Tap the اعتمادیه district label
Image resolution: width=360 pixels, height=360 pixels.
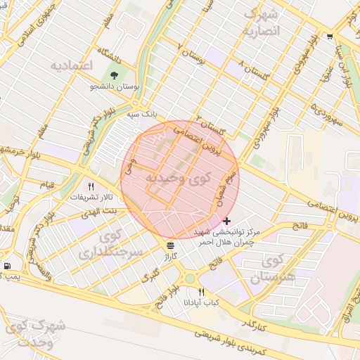click(x=72, y=65)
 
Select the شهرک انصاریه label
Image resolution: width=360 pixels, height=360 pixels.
click(x=259, y=22)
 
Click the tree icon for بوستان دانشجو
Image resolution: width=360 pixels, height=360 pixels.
click(x=113, y=75)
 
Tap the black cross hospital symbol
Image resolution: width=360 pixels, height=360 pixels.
click(x=226, y=221)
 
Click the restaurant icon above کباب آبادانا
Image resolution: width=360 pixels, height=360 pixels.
click(x=202, y=291)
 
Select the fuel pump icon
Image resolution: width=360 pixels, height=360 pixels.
click(x=7, y=266)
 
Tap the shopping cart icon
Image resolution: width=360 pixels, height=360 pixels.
click(x=330, y=36)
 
